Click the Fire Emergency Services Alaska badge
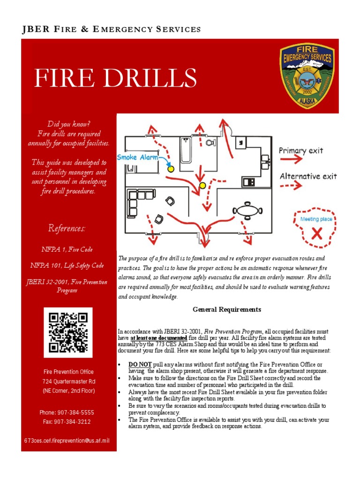click(307, 76)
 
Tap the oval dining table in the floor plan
click(247, 210)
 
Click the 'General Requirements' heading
click(227, 310)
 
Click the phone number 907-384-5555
click(67, 412)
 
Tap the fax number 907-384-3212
click(67, 421)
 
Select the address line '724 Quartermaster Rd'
click(68, 381)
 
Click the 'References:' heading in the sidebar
click(67, 229)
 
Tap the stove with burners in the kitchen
click(248, 181)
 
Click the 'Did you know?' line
click(69, 124)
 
